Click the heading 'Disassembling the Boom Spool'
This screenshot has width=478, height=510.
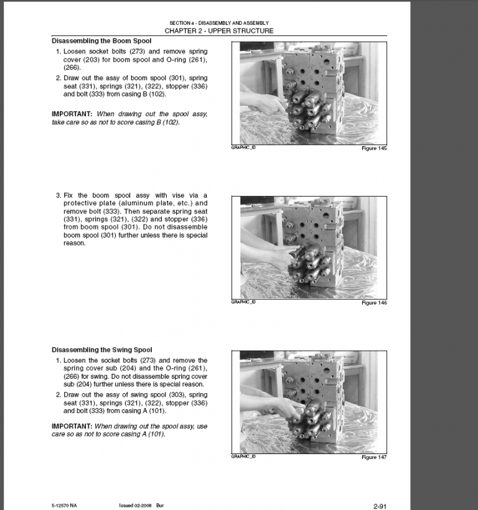point(101,41)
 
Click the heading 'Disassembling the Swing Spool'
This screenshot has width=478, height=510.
point(101,350)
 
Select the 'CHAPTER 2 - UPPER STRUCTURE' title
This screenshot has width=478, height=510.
point(218,30)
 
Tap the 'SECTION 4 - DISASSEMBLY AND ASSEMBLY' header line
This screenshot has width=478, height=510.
point(218,23)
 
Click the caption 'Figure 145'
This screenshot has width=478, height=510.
point(374,149)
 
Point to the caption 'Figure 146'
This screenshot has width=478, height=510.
point(374,303)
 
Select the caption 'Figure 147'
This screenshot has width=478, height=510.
point(374,457)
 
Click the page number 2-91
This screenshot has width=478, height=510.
point(381,506)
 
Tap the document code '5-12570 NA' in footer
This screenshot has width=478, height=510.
point(65,504)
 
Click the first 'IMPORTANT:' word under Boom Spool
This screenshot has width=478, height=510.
point(72,114)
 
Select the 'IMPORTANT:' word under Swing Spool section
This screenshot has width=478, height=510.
point(72,426)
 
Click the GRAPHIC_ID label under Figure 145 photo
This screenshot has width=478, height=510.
point(243,147)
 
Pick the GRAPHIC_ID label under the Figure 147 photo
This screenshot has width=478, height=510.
point(243,456)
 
